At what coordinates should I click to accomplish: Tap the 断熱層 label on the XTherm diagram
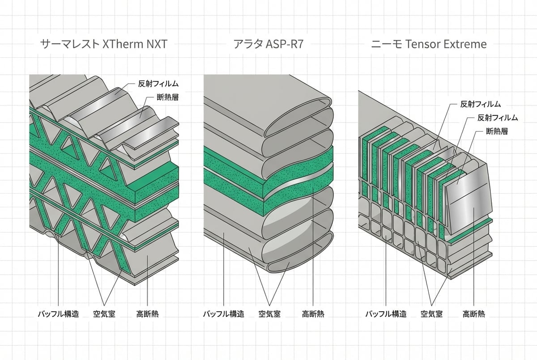click(x=165, y=97)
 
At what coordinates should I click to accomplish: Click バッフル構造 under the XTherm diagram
click(x=58, y=313)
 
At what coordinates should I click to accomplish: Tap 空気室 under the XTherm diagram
click(x=104, y=313)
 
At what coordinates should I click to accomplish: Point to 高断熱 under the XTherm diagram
click(x=147, y=313)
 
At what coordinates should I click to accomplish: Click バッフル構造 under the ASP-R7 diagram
click(x=223, y=313)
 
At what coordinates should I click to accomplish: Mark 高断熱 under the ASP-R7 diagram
click(x=313, y=313)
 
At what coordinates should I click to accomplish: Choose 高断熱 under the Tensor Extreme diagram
click(x=474, y=313)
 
